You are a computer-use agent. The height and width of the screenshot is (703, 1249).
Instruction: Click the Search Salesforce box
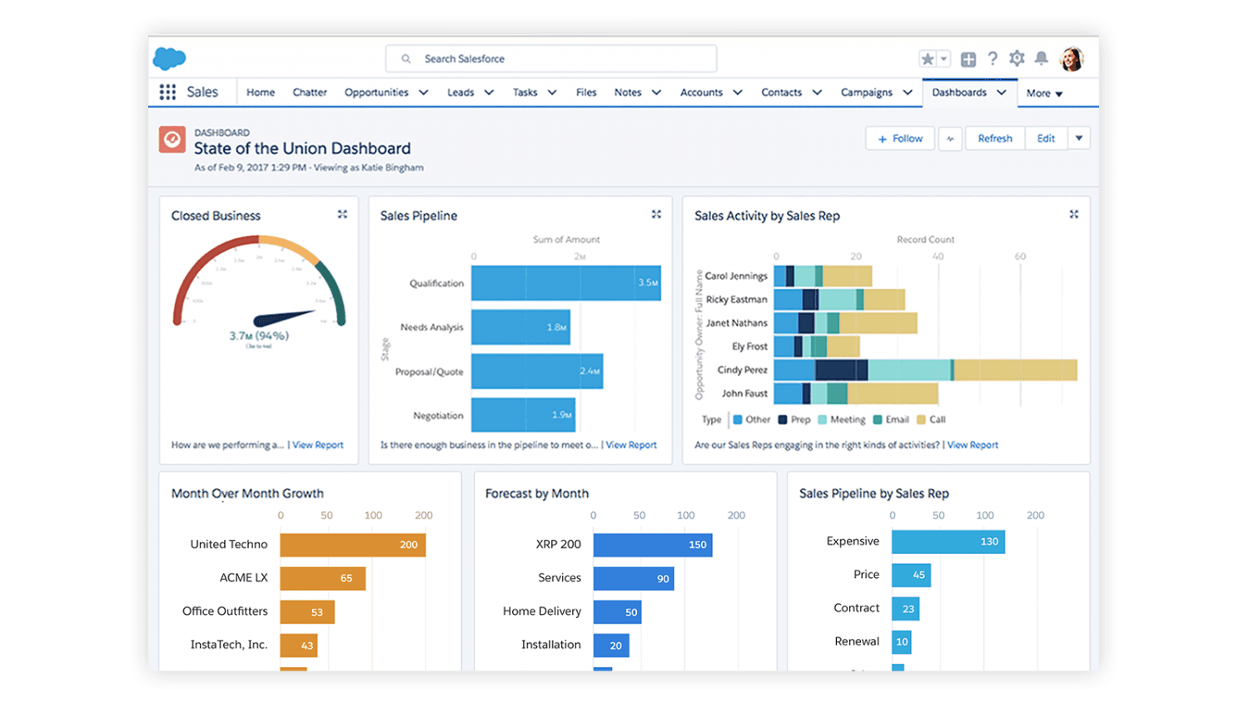(550, 59)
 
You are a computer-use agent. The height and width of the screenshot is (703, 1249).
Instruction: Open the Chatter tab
(310, 92)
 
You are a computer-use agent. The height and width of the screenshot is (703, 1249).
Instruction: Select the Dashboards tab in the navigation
(959, 92)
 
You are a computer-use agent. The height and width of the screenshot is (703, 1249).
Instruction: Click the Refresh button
(995, 138)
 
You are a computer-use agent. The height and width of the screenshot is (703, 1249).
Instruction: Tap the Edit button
(1046, 138)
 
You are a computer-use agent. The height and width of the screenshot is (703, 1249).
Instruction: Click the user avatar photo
(1072, 59)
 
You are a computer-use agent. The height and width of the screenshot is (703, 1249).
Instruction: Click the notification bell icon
(1041, 58)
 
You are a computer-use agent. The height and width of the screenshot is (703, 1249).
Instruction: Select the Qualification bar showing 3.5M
(565, 283)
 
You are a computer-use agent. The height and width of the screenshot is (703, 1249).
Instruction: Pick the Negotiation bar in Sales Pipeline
(523, 415)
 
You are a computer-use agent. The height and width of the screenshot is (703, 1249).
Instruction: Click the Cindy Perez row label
(742, 370)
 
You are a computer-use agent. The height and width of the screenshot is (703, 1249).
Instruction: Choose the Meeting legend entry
(842, 420)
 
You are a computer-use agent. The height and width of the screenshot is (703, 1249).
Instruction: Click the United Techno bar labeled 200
(352, 545)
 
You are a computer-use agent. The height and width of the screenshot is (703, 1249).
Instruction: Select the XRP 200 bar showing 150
(652, 545)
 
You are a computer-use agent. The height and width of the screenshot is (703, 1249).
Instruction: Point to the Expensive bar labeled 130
(948, 541)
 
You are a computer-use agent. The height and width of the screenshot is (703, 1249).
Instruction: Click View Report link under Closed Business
(317, 445)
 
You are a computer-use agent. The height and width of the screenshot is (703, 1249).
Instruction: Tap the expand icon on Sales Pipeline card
(656, 215)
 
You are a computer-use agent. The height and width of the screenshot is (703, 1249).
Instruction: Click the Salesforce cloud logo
(170, 58)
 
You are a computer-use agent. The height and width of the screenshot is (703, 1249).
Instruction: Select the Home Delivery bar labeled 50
(617, 611)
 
